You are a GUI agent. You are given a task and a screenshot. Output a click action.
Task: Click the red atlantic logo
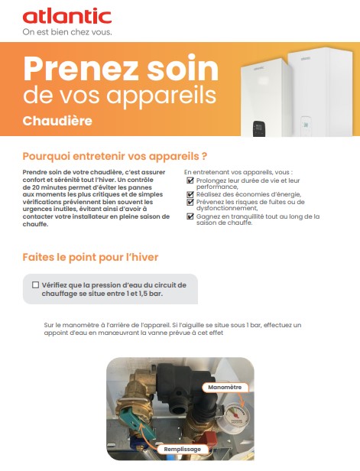click(67, 16)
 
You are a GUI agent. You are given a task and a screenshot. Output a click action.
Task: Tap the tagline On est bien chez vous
click(67, 32)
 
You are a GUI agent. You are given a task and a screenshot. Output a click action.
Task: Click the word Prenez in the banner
click(80, 69)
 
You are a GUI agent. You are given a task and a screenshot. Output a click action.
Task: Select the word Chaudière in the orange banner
click(57, 121)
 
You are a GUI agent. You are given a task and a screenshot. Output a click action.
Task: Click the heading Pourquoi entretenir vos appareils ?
click(115, 156)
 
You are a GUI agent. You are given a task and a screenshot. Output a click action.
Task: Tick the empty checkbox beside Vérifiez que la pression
click(35, 284)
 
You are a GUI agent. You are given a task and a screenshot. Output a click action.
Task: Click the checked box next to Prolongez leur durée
click(190, 180)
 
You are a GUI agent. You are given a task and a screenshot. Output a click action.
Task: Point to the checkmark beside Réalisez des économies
click(190, 194)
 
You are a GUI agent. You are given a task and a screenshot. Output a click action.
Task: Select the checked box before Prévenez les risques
click(190, 202)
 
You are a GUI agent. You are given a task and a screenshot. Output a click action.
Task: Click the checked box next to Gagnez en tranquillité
click(190, 216)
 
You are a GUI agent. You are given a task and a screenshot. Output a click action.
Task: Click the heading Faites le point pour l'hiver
click(90, 257)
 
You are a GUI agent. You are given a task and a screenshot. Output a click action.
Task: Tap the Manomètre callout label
click(225, 387)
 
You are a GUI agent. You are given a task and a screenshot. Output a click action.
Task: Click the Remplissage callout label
click(182, 450)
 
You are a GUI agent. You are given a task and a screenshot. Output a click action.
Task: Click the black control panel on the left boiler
click(258, 128)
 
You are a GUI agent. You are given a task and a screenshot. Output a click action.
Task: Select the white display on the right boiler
click(306, 124)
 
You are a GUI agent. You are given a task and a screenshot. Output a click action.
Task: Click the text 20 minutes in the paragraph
click(46, 187)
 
